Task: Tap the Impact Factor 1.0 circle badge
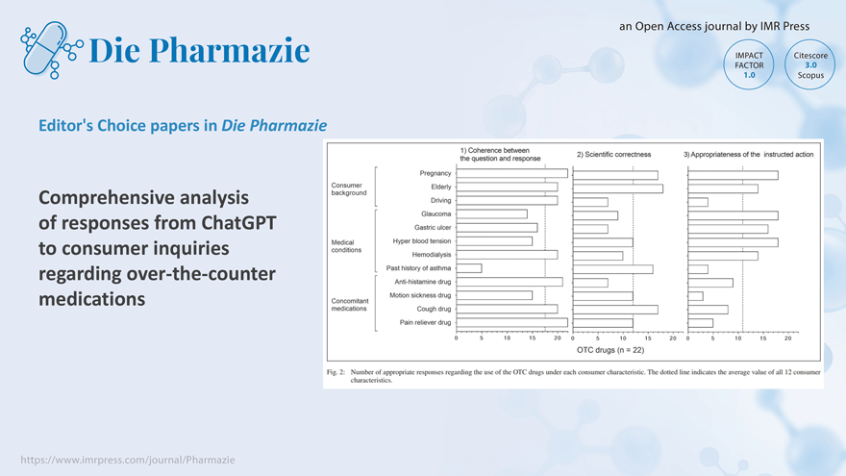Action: (x=749, y=64)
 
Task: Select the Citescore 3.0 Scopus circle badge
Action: (x=809, y=64)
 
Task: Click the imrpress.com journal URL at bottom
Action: (x=128, y=460)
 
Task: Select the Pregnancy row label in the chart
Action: (x=435, y=173)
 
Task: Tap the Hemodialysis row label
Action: (x=431, y=254)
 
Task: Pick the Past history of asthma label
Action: (x=418, y=268)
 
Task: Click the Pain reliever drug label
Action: (x=425, y=322)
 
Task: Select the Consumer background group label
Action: (x=348, y=188)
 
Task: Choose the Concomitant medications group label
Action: (x=349, y=305)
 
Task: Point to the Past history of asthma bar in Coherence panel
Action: (x=468, y=268)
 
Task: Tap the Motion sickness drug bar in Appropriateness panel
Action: (x=695, y=295)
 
